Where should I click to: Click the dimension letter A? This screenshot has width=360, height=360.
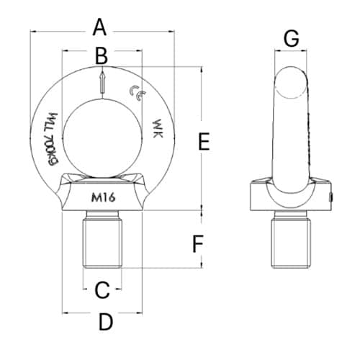click(x=100, y=27)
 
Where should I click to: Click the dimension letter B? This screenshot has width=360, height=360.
click(x=102, y=54)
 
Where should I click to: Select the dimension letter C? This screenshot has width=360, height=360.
click(x=102, y=289)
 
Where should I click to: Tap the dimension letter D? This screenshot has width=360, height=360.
click(x=105, y=322)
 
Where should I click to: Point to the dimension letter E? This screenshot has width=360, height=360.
click(x=204, y=142)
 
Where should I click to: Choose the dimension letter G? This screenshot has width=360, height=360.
click(x=291, y=39)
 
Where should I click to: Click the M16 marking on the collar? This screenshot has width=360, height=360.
click(x=104, y=199)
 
